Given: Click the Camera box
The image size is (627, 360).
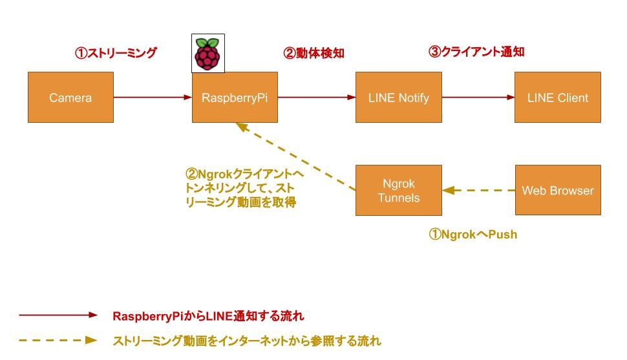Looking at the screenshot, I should (71, 98).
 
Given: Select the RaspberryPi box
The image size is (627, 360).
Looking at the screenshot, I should (235, 98).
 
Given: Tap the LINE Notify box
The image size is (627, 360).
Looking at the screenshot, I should (398, 98).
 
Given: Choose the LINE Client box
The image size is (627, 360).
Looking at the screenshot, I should (557, 98).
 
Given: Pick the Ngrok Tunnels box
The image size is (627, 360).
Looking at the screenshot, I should (398, 190).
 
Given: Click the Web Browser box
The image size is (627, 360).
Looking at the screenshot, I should (557, 190).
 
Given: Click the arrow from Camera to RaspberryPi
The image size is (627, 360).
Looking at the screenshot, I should (153, 98).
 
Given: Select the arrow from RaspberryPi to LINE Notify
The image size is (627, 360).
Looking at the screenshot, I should (316, 98).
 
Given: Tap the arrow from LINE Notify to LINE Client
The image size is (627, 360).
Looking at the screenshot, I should (478, 98).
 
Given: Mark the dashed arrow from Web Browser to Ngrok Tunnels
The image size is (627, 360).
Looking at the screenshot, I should (478, 190).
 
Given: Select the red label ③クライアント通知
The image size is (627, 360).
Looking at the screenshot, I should (476, 52).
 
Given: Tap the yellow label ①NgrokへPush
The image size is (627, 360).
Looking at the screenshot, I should (473, 235).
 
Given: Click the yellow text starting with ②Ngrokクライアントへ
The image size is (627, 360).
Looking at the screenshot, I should (244, 188).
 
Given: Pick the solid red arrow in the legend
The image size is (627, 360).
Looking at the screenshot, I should (58, 316).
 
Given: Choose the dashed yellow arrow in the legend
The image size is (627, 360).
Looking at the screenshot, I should (58, 340).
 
